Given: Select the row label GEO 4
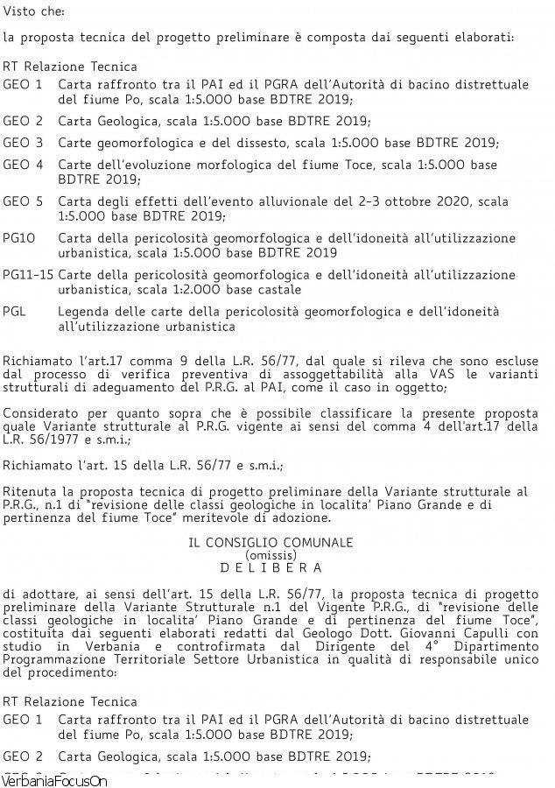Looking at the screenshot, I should [23, 165].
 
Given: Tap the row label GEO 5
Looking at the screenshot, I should [23, 201].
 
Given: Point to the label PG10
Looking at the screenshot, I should [18, 237].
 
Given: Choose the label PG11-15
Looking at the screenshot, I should [28, 274].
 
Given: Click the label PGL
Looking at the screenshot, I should [15, 311].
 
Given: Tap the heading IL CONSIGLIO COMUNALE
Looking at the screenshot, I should [270, 542].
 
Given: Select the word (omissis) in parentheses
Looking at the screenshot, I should [271, 555].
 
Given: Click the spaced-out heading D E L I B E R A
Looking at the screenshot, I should [270, 567].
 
